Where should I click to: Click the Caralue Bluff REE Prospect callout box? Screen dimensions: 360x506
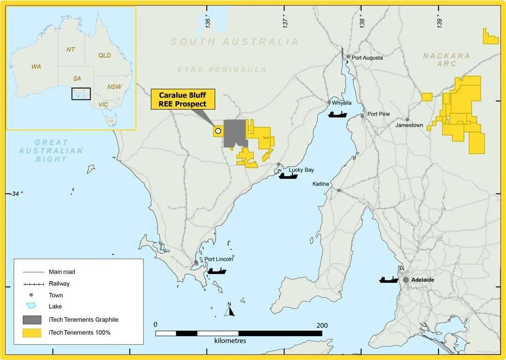tap(182, 99)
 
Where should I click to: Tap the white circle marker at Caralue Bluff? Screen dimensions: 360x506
tap(218, 131)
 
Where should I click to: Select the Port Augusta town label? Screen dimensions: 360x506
tap(367, 58)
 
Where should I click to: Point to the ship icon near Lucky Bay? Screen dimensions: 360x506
tap(288, 176)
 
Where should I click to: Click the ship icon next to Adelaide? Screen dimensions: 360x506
tap(389, 280)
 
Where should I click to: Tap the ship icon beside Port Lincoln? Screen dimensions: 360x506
tap(216, 271)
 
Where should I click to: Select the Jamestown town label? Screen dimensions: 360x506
tap(409, 125)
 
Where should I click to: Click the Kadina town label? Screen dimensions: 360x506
tap(321, 184)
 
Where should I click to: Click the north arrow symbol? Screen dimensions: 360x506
tap(229, 310)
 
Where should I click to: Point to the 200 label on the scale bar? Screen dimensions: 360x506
tap(322, 325)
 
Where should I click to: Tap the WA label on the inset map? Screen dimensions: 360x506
tap(36, 66)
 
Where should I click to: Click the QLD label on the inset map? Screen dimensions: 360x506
tap(104, 55)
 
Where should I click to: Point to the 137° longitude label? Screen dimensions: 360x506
tap(284, 21)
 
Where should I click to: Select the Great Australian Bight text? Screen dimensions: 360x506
tap(51, 151)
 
